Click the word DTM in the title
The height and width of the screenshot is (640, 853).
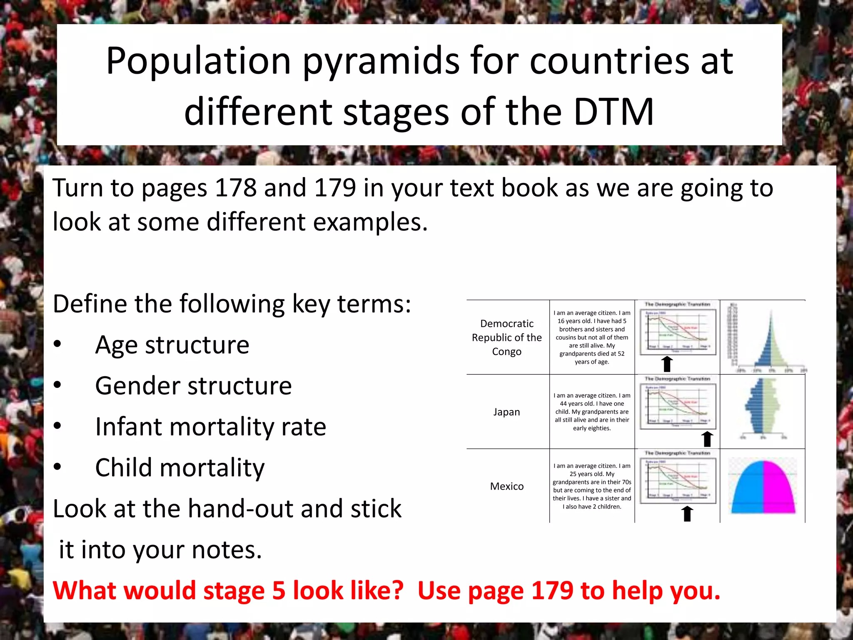614,112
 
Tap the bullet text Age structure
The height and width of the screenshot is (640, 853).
172,345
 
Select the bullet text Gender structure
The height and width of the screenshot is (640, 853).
193,386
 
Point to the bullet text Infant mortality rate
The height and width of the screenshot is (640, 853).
210,427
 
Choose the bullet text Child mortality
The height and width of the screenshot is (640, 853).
180,467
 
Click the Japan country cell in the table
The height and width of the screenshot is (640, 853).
506,412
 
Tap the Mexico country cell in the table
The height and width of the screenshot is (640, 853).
506,486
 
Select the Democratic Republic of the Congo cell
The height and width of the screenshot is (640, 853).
506,337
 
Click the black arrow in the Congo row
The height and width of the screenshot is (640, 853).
667,364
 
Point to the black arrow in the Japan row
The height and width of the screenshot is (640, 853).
707,439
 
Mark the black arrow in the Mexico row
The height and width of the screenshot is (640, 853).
688,513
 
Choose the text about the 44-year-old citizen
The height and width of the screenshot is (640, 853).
592,412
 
